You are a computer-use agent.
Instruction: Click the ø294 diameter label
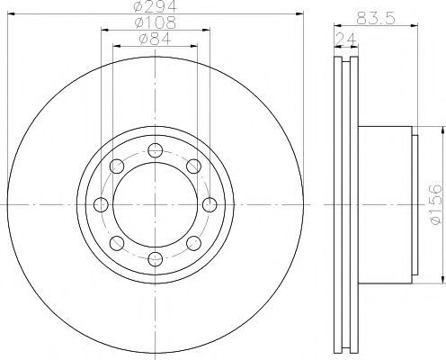tap(156, 6)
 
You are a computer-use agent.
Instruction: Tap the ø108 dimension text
tap(156, 22)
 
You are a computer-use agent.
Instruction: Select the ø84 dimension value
tap(155, 39)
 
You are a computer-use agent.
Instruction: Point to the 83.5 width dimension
tap(376, 18)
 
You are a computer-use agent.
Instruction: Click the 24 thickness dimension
tap(346, 39)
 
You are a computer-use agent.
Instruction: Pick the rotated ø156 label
tap(436, 204)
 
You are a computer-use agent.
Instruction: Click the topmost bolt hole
tap(156, 150)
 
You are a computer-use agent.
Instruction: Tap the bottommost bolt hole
tap(156, 259)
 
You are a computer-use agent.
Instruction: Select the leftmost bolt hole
tap(101, 205)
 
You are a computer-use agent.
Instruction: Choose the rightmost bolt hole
tap(210, 205)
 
